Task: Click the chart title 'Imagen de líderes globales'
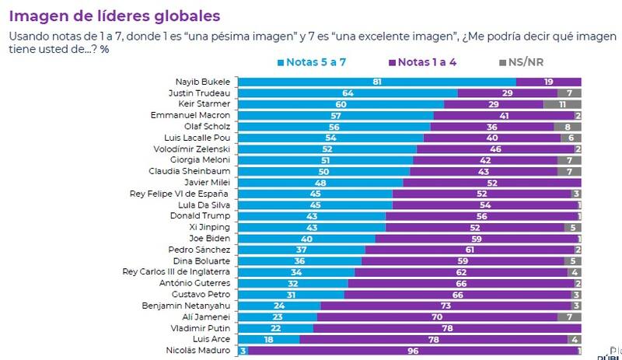(x=114, y=16)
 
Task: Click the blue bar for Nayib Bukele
(x=376, y=82)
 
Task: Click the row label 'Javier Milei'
(x=209, y=182)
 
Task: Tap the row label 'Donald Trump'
(x=205, y=216)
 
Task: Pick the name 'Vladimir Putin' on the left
(x=204, y=328)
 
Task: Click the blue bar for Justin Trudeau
(x=348, y=93)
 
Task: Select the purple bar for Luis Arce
(x=433, y=339)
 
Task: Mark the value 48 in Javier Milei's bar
(x=320, y=182)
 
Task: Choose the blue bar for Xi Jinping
(x=312, y=227)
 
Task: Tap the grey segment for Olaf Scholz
(x=568, y=126)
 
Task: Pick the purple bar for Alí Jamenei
(x=437, y=317)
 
